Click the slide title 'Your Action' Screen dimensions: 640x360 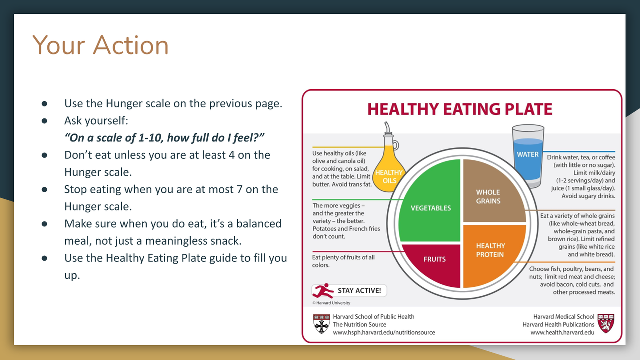point(100,45)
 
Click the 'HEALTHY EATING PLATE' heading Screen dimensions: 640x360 point(460,109)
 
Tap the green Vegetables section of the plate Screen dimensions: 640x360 point(430,201)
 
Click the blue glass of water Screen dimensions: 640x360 point(528,155)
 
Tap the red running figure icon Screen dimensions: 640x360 point(323,291)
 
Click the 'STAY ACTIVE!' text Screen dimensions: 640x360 point(359,291)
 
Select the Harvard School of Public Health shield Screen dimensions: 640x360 point(321,324)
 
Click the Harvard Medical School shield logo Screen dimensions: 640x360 point(606,323)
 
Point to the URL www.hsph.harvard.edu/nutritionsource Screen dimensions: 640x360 point(384,332)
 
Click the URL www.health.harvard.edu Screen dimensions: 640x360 point(562,332)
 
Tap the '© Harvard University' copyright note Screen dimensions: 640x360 point(331,303)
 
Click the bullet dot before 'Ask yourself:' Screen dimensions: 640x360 point(44,121)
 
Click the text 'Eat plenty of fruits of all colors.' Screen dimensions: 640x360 point(343,261)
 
